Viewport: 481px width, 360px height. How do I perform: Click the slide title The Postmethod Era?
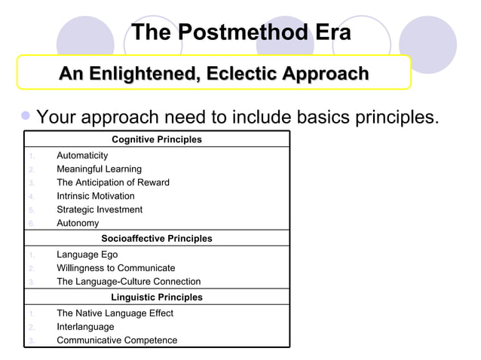(240, 33)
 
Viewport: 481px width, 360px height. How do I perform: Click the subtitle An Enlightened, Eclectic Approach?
(213, 74)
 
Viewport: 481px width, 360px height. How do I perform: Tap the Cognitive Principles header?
(157, 139)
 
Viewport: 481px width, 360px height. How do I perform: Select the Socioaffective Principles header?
(157, 239)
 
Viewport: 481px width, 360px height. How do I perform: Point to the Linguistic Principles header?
(157, 297)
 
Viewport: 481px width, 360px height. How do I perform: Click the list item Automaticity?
(82, 155)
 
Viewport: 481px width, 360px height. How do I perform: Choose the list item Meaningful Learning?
(99, 169)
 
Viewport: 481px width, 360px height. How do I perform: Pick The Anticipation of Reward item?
(112, 182)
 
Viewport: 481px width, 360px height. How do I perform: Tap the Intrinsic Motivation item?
(96, 196)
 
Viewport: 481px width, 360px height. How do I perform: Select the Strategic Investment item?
(100, 209)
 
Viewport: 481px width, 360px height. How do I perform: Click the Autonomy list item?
(78, 223)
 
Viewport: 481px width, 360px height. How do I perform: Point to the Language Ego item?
(87, 255)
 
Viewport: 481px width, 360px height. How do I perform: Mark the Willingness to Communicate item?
(115, 268)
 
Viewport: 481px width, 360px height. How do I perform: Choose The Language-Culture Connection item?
(128, 282)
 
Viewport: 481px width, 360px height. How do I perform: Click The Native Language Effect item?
(115, 313)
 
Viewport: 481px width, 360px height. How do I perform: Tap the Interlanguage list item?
(85, 327)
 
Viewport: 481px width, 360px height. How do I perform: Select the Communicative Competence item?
(117, 340)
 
